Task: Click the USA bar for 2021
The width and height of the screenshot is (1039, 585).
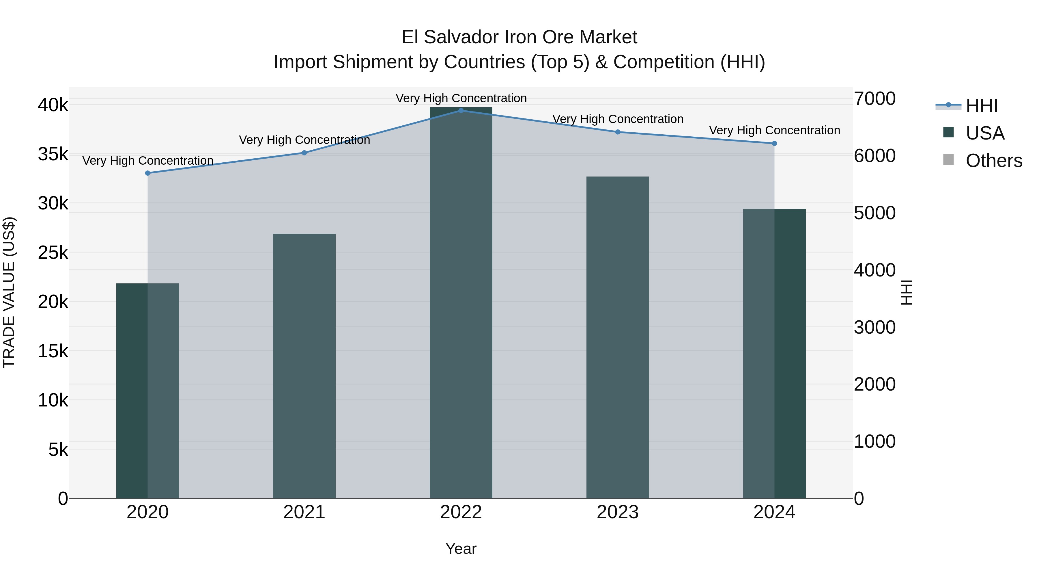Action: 304,365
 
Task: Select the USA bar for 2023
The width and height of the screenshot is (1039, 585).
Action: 618,337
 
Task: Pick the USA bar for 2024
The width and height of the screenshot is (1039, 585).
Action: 774,353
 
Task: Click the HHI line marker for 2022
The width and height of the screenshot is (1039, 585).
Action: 461,110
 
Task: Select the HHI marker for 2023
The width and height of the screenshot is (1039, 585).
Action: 618,132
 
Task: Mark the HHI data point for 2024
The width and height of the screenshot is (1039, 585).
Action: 774,143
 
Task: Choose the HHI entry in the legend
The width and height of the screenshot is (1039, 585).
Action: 981,106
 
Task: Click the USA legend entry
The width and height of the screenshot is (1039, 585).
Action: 984,133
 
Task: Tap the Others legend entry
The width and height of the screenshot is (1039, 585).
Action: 993,161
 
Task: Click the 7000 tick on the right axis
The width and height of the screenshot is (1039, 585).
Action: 874,99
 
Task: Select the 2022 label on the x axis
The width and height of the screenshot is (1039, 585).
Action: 461,512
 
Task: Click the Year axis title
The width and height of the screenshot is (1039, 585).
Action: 461,549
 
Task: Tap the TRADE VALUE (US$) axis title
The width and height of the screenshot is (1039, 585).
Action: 9,292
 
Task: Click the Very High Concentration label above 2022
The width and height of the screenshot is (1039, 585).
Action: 461,98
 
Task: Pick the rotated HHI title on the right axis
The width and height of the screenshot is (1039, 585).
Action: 906,292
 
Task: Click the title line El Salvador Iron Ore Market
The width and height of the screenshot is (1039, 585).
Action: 519,37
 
